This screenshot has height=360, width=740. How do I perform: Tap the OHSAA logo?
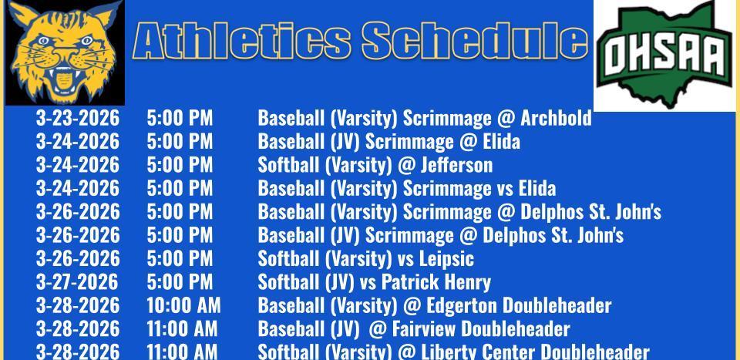tap(664, 54)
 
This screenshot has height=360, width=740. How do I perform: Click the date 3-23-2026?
tap(78, 118)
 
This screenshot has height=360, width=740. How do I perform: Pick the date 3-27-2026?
tap(77, 281)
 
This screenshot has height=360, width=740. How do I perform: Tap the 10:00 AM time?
tap(183, 305)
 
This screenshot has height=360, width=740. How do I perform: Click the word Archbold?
tap(556, 118)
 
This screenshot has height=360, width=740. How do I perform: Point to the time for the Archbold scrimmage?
tap(180, 118)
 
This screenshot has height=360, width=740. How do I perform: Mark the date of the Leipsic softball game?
tap(78, 258)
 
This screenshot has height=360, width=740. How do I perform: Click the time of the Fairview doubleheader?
tap(182, 329)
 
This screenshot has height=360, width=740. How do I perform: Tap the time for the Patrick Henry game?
tap(180, 281)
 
